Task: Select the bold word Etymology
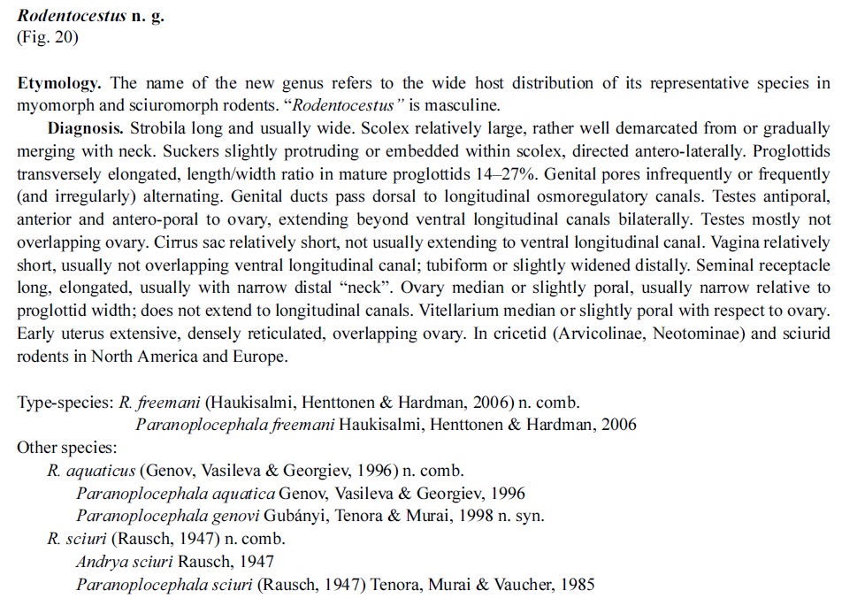[x=59, y=84]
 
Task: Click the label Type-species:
[x=65, y=402]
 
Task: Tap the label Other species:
[x=66, y=447]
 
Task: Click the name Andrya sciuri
[x=125, y=561]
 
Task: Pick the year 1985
[x=577, y=584]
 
